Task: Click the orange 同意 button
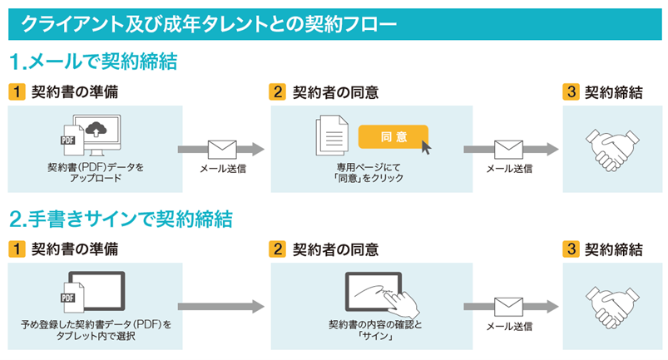pos(393,136)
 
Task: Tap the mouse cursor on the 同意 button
pos(426,147)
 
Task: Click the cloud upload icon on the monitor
pos(96,129)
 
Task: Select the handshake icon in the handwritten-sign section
pos(612,308)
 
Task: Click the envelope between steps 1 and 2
pos(222,150)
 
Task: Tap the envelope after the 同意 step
pos(508,150)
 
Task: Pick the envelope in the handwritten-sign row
pos(508,307)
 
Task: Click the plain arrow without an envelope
pos(221,307)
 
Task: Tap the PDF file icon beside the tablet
pos(72,298)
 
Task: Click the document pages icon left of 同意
pos(332,136)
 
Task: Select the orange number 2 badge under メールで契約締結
pos(277,92)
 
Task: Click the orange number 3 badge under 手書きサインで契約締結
pos(572,249)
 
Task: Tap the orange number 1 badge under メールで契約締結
pos(17,92)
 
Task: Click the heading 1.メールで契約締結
pos(93,62)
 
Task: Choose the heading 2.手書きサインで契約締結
pos(121,219)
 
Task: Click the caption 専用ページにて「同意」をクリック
pos(369,172)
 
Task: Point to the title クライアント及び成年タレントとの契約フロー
pos(209,24)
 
